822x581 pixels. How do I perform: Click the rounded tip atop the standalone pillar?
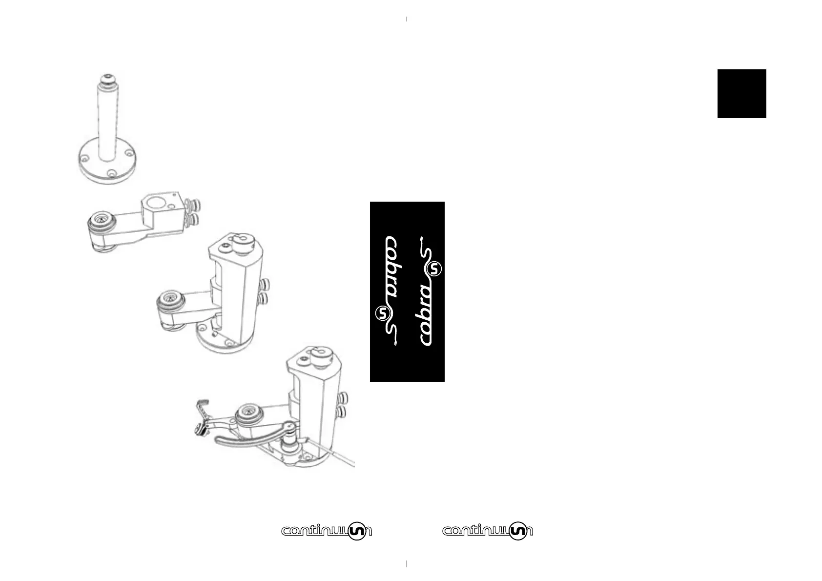click(107, 79)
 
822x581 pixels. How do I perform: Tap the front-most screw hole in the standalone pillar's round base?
click(112, 173)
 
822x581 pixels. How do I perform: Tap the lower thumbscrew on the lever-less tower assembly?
click(265, 297)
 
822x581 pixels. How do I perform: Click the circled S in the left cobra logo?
click(383, 313)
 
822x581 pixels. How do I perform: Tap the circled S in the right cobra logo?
click(434, 269)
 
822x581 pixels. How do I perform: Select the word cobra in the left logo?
click(392, 267)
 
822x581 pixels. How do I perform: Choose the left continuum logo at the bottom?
click(327, 531)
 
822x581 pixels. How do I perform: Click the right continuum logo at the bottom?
click(488, 531)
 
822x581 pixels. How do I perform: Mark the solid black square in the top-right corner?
click(741, 94)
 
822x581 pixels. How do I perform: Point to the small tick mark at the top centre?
click(407, 19)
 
